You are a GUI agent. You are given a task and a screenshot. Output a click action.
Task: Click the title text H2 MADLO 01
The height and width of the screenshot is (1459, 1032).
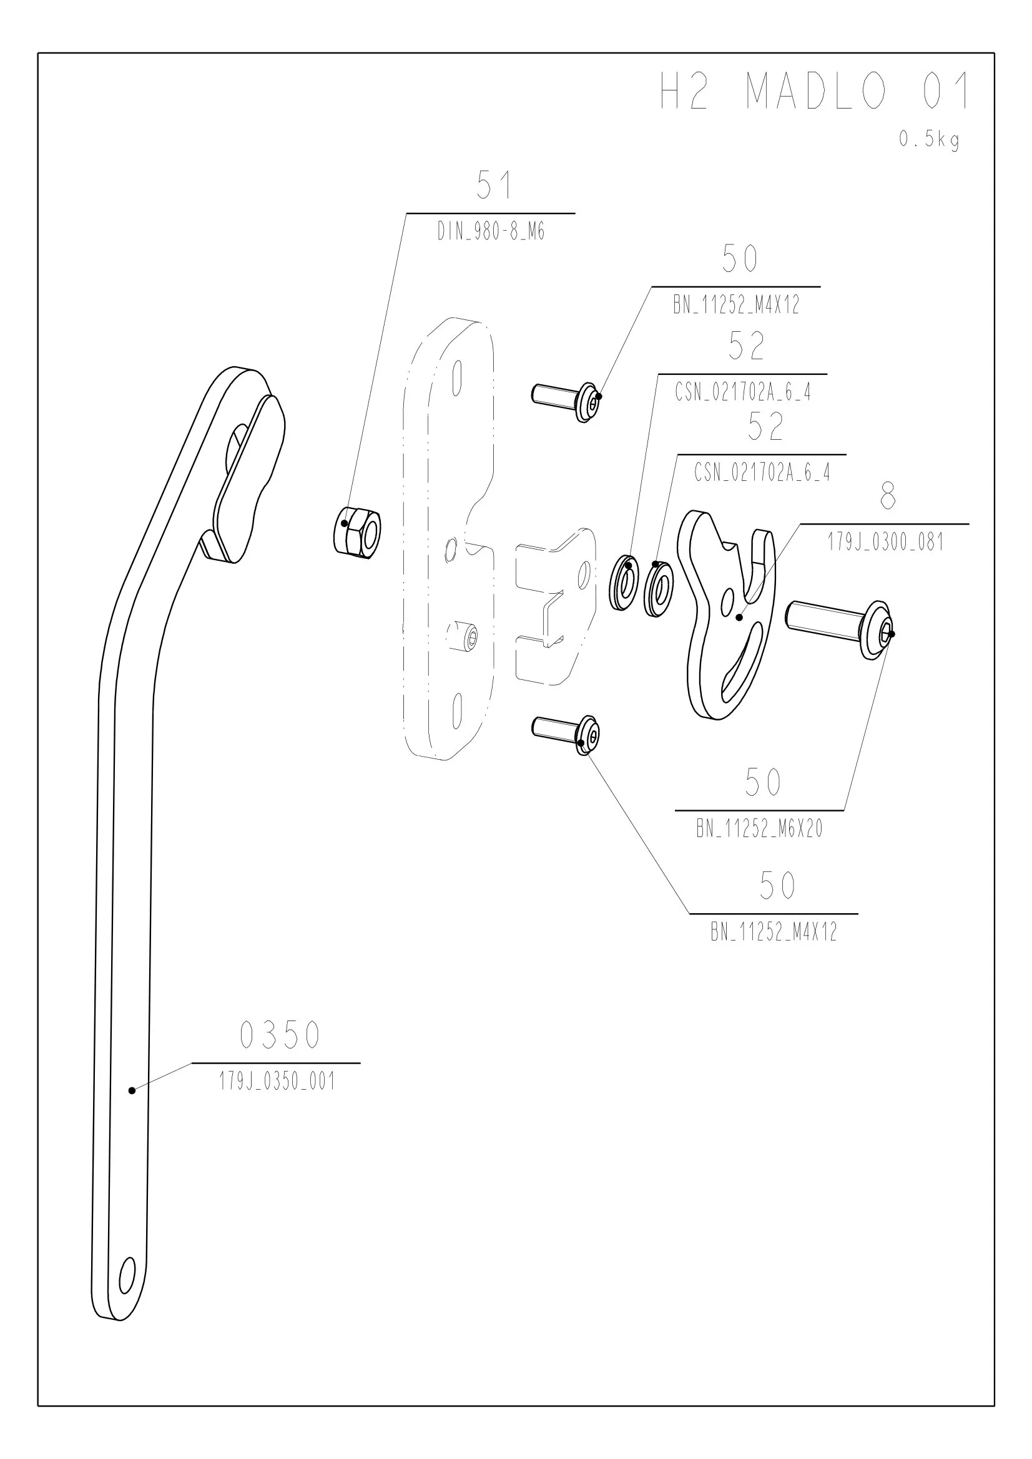816,90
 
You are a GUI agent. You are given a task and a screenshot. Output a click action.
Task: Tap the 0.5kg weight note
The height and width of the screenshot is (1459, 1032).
929,139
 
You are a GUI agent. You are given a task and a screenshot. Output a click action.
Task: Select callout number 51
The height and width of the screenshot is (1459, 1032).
494,185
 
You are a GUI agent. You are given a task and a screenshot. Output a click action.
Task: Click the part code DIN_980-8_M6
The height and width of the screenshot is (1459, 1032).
491,232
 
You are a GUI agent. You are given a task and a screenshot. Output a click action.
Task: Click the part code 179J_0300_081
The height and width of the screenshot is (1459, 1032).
885,542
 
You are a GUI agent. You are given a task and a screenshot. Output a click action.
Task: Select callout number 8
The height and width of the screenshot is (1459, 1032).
888,496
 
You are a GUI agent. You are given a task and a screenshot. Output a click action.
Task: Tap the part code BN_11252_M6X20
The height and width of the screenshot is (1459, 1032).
759,828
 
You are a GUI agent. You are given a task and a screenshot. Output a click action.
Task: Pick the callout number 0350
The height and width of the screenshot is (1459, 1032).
280,1035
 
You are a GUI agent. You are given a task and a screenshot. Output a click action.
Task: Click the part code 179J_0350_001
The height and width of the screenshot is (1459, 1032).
277,1082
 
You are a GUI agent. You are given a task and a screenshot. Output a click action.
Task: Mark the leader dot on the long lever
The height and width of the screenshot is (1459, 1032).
132,1090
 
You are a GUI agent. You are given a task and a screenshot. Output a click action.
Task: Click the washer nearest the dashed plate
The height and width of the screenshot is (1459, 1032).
623,582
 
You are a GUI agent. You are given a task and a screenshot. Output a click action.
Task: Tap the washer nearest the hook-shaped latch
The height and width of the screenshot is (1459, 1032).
659,588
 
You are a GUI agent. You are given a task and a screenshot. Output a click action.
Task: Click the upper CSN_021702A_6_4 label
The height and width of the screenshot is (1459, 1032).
743,392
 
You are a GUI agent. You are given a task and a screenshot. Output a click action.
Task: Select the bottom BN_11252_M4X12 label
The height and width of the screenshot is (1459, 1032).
774,932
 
